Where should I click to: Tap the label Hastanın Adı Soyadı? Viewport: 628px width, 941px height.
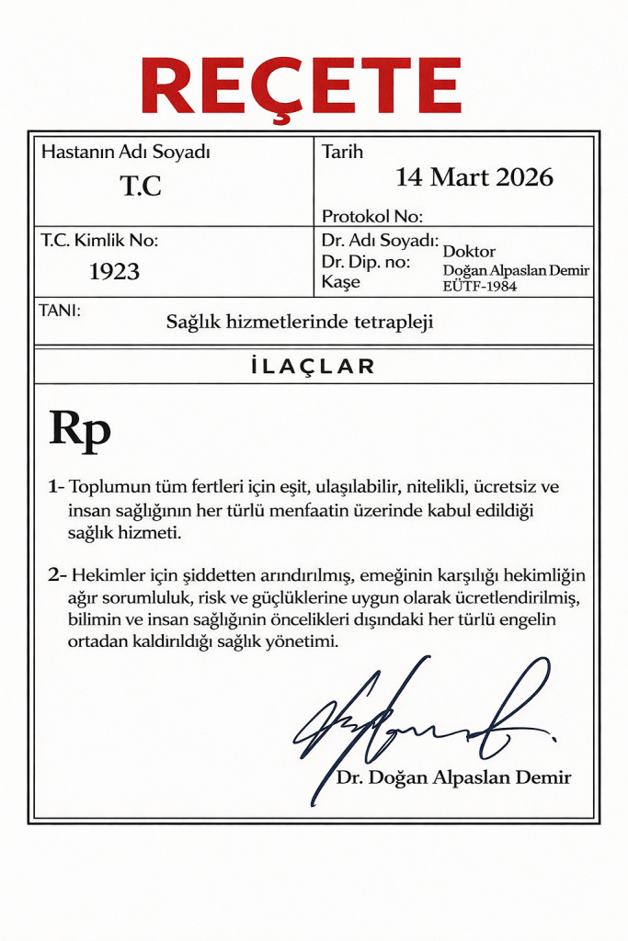pos(119,153)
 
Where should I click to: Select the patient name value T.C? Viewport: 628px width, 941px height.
pos(141,187)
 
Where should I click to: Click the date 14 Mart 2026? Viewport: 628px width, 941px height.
pos(474,176)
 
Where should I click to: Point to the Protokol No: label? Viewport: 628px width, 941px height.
pos(371,217)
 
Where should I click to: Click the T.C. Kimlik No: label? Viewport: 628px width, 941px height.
pos(99,241)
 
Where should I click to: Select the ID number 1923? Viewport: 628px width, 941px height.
pos(114,271)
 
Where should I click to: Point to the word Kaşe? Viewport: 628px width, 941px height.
pos(341,282)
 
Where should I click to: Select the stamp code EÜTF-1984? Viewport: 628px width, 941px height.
pos(480,286)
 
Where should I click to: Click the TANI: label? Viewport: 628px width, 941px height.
pos(61,311)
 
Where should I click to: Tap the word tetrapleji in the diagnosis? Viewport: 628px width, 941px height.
pos(396,322)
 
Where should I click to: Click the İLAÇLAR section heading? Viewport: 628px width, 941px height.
pos(313,367)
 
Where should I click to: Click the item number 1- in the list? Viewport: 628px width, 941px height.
pos(56,486)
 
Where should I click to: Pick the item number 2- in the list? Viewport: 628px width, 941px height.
pos(57,575)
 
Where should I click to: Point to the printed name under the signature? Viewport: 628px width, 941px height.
pos(453,777)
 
